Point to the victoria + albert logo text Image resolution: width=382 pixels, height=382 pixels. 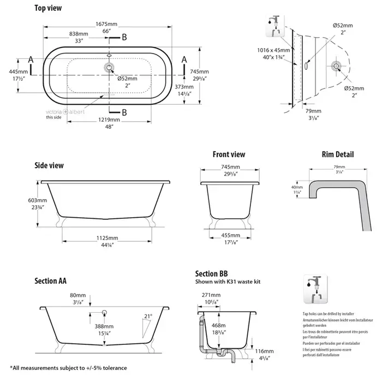(x=61, y=111)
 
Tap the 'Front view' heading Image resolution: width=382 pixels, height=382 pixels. (x=229, y=154)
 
